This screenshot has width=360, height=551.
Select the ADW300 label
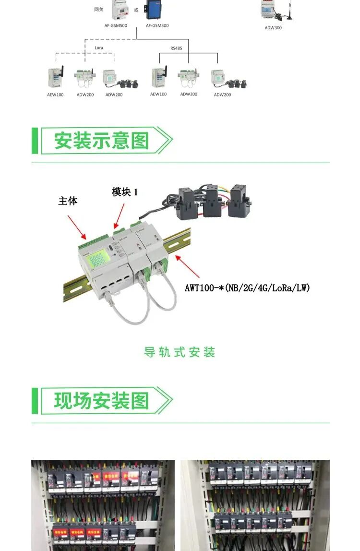[273, 28]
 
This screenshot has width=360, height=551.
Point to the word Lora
[98, 48]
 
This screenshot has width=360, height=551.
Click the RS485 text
[176, 48]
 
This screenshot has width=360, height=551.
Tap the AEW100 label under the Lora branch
[55, 95]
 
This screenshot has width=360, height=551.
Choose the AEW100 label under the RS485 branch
[158, 94]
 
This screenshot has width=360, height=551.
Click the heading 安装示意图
[101, 141]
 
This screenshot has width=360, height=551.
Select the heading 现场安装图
[101, 401]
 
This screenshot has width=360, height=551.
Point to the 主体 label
[68, 201]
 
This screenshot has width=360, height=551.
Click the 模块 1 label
[125, 192]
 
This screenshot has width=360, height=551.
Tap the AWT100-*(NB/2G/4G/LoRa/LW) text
[247, 288]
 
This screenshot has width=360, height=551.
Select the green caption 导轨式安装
[180, 352]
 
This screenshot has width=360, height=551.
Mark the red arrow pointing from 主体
[76, 227]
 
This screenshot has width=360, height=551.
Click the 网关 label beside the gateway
[98, 9]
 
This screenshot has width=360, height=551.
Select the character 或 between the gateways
[136, 10]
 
